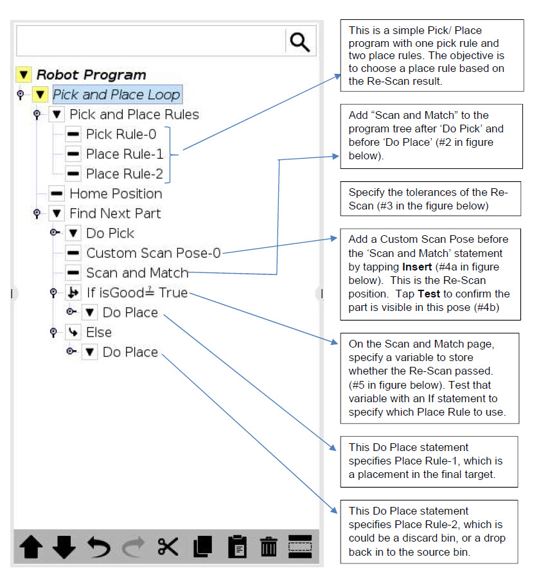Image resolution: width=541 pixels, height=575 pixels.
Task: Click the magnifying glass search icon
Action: click(x=299, y=42)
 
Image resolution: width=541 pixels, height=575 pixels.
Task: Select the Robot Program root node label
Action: click(x=91, y=75)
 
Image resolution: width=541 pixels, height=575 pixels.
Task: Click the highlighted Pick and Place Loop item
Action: click(x=116, y=94)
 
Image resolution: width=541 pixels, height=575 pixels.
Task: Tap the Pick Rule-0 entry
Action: click(x=121, y=134)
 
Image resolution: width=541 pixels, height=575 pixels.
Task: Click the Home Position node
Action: click(x=115, y=193)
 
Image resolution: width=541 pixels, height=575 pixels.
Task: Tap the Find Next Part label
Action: click(x=115, y=213)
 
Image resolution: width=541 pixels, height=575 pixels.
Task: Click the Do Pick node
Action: click(x=110, y=233)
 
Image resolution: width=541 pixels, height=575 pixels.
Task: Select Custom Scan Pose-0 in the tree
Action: click(x=153, y=253)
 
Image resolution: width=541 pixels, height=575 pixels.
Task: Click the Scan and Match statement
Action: click(x=137, y=273)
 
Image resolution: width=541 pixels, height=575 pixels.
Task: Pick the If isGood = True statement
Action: click(x=137, y=293)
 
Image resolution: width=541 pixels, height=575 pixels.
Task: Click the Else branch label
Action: click(x=99, y=332)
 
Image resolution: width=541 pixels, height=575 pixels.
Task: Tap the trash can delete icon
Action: click(x=269, y=547)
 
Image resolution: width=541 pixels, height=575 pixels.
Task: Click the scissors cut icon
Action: click(x=168, y=547)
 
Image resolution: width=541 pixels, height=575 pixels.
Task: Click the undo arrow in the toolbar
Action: click(x=99, y=547)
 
